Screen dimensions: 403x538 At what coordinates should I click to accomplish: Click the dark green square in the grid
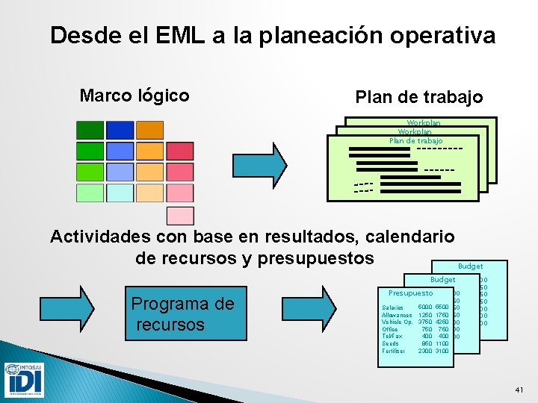(x=90, y=130)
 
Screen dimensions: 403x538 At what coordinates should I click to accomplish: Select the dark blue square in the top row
(x=120, y=130)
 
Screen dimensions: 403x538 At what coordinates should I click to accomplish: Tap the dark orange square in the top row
(x=149, y=130)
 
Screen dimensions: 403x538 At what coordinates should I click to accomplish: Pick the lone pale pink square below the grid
(x=180, y=216)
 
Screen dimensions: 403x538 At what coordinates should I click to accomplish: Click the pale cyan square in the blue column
(x=120, y=193)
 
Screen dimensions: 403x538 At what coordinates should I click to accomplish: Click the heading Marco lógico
(x=134, y=96)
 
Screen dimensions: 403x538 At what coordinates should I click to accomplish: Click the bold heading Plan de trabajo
(x=418, y=97)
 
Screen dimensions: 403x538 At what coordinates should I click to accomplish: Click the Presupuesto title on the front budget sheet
(x=410, y=293)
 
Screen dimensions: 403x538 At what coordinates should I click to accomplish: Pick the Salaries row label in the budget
(x=392, y=307)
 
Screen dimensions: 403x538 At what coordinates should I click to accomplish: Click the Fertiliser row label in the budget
(x=394, y=351)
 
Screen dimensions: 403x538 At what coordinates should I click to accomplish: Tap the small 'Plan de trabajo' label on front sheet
(x=415, y=141)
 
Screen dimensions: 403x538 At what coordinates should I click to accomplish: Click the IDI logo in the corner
(x=24, y=379)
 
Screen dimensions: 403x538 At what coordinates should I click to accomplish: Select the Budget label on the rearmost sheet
(x=470, y=266)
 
